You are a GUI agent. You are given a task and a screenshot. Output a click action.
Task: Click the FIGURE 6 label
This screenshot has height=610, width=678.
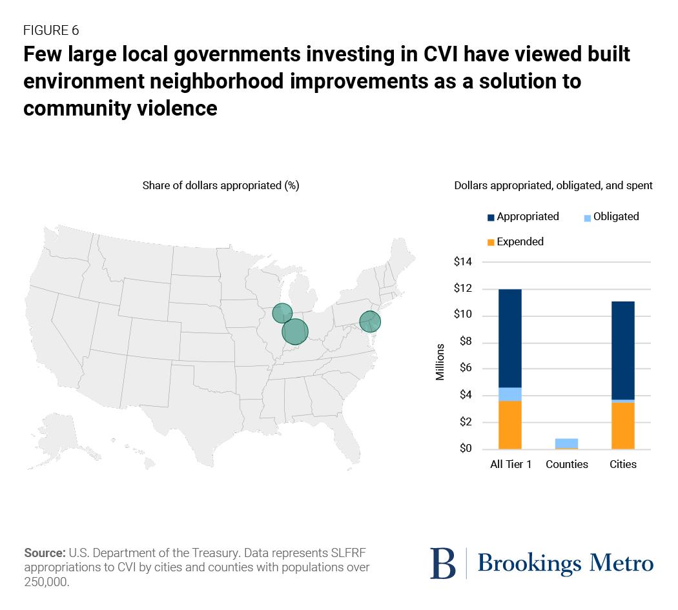tap(51, 30)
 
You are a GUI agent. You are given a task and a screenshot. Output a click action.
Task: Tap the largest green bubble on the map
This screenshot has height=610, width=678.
tap(294, 332)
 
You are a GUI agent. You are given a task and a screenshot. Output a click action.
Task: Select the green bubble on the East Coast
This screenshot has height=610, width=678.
tap(370, 321)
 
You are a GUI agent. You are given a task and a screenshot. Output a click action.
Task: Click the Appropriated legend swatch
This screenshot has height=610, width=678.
tap(491, 218)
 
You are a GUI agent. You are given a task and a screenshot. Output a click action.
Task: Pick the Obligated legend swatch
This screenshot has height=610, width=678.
tap(587, 218)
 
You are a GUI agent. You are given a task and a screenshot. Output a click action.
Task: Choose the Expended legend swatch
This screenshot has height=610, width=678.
tap(491, 242)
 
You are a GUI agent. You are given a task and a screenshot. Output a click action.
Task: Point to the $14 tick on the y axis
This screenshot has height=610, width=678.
tap(463, 262)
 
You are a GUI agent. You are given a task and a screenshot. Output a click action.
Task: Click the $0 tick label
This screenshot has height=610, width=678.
tap(466, 449)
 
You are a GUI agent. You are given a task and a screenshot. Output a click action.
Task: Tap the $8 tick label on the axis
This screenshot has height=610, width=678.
tap(466, 342)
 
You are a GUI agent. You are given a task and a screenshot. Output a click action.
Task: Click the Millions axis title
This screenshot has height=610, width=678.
tap(440, 362)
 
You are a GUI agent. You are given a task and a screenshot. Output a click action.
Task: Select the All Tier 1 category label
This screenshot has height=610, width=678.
tap(510, 464)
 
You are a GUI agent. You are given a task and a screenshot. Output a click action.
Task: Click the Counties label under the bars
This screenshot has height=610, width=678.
tap(566, 464)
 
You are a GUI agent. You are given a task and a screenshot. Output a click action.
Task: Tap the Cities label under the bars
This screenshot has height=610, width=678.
tap(622, 464)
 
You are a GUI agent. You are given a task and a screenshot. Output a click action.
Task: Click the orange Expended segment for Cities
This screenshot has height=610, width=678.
tap(622, 425)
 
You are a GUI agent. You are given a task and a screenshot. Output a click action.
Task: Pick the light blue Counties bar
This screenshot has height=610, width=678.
tap(566, 443)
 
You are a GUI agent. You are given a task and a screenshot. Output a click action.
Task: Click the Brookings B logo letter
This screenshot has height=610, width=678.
tap(442, 563)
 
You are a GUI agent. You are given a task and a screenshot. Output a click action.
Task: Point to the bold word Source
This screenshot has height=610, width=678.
tap(44, 553)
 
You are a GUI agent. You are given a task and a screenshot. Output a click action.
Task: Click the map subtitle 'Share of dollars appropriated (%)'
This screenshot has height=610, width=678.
tap(220, 185)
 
